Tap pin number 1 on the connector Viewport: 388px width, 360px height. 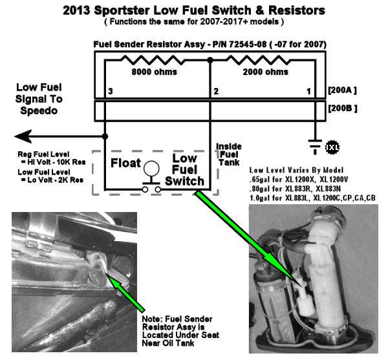pyautogui.click(x=308, y=91)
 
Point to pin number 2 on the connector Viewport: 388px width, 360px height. pyautogui.click(x=215, y=91)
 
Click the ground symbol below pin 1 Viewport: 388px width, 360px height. pyautogui.click(x=316, y=147)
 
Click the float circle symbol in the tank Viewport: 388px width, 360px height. pyautogui.click(x=153, y=167)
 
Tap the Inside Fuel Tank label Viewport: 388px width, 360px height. pyautogui.click(x=228, y=154)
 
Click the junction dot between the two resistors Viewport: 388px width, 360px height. pyautogui.click(x=210, y=60)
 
